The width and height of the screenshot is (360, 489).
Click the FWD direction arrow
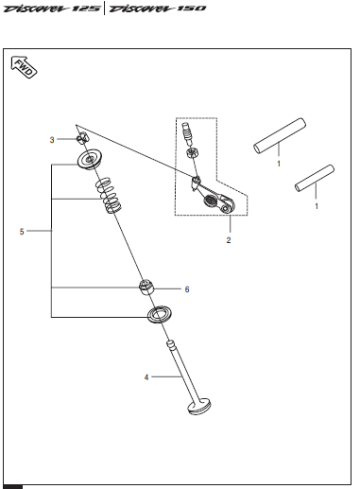pos(24,67)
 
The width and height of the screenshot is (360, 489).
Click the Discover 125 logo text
pos(52,9)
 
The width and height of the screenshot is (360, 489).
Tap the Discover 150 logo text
pos(157,9)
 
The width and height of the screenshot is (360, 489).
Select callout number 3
pos(52,140)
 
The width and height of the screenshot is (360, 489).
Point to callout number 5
pos(22,232)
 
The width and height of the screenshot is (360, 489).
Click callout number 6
pos(187,289)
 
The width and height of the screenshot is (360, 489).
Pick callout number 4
pos(146,377)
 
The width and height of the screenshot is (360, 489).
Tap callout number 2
pos(229,240)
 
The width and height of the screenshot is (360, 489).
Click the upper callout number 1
pos(279,164)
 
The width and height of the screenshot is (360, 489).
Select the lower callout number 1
pos(317,206)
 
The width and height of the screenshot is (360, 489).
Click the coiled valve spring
pos(109,195)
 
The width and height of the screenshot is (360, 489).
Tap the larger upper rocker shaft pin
pos(280,136)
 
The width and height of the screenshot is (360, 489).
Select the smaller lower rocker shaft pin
pos(315,179)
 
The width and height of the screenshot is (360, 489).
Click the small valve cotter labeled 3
pos(82,137)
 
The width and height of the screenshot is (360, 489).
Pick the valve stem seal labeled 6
pos(146,288)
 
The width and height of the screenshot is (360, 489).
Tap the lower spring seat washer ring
pos(160,314)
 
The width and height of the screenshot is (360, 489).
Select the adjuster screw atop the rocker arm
pos(188,132)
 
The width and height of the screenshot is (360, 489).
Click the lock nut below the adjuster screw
pos(192,153)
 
